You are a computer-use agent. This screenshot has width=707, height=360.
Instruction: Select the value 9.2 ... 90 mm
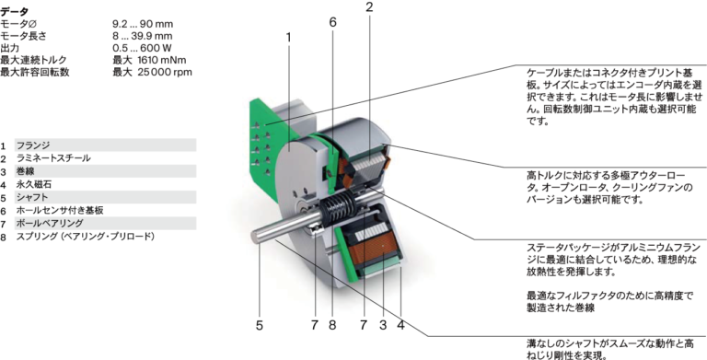pos(143,24)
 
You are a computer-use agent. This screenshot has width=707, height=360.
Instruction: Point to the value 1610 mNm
pos(163,60)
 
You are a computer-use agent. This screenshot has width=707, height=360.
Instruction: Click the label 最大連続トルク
pos(34,60)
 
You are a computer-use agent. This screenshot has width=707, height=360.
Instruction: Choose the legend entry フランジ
pos(33,145)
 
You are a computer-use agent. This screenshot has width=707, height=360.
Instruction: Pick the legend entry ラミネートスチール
pos(53,158)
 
